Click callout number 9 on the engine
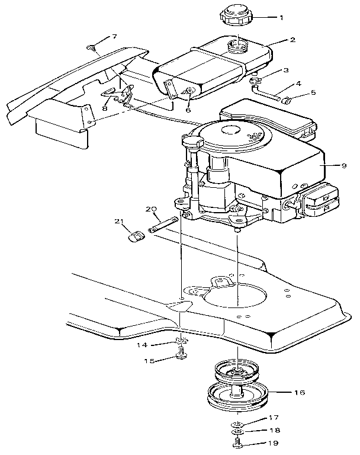point(343,166)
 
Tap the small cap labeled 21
point(137,237)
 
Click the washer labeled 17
point(236,424)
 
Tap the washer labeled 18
point(236,432)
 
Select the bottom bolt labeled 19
point(236,443)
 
